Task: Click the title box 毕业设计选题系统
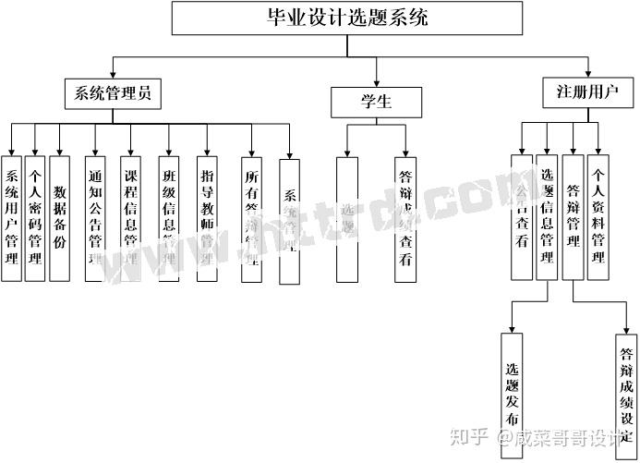click(347, 18)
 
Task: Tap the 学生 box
click(376, 101)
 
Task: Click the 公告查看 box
click(522, 217)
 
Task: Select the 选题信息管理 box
click(548, 217)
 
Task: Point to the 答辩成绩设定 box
click(626, 388)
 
